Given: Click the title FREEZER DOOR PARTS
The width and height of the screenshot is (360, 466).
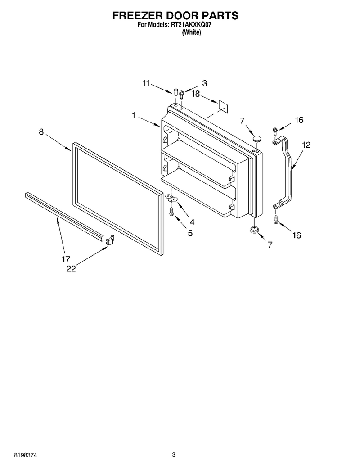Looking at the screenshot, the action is point(175,15).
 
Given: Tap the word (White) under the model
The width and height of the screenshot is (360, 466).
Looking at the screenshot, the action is point(191,32).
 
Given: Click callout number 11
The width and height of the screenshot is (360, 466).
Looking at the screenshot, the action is point(146,83).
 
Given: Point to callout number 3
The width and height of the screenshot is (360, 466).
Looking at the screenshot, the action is point(205,83).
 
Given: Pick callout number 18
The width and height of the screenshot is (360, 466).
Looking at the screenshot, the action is point(196,94).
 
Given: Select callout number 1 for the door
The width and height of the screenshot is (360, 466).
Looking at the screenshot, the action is point(134,115).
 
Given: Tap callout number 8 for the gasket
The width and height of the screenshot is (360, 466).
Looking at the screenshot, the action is point(41,131).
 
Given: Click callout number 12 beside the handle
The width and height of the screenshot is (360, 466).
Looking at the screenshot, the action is point(306,145).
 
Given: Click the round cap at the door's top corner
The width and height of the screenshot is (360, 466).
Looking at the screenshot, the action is point(256,138).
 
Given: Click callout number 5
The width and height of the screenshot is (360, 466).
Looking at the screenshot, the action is point(190,233).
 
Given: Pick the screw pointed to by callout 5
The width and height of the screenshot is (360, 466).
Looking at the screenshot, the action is point(171,212).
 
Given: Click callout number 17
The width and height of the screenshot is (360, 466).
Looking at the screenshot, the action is point(66,259).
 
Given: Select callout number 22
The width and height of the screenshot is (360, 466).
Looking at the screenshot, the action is point(71,269).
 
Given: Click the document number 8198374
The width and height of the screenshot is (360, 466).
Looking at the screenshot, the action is point(26,455).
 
